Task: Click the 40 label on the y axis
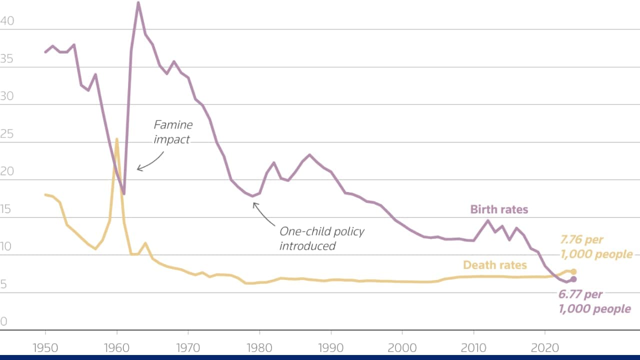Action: pyautogui.click(x=7, y=21)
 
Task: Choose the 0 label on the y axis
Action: pyautogui.click(x=4, y=321)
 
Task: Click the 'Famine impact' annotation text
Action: pyautogui.click(x=172, y=132)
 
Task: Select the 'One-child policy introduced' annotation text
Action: pyautogui.click(x=321, y=238)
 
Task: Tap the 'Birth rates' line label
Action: pyautogui.click(x=499, y=209)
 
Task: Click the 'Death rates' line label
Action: pyautogui.click(x=494, y=265)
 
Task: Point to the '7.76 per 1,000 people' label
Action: pyautogui.click(x=596, y=247)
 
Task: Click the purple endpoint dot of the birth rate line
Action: pyautogui.click(x=573, y=279)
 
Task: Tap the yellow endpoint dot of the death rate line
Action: pyautogui.click(x=573, y=271)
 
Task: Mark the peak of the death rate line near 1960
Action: pyautogui.click(x=116, y=139)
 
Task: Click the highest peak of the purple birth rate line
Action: pyautogui.click(x=138, y=3)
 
